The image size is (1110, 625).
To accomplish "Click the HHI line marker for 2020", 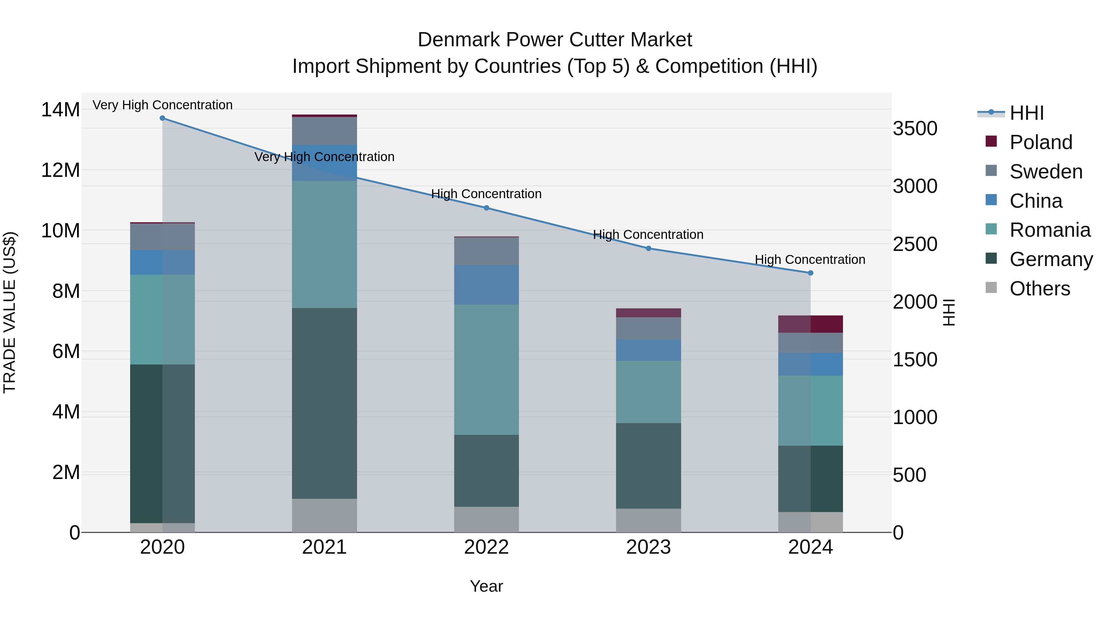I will (x=162, y=118).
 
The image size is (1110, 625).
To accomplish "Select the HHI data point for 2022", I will (x=487, y=208).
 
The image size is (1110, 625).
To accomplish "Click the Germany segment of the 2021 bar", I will (x=324, y=403).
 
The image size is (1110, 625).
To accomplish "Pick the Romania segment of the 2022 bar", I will (x=487, y=370).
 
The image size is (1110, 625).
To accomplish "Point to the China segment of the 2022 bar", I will (x=487, y=285).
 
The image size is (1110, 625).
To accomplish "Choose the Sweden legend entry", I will (x=1046, y=172).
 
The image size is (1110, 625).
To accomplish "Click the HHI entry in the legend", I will (x=1026, y=113).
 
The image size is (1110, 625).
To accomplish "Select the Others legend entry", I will (x=1039, y=289).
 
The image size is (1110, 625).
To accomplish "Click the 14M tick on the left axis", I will (x=60, y=110).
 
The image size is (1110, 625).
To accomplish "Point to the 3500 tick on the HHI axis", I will (x=915, y=128).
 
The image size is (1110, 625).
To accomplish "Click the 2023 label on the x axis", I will (x=648, y=547).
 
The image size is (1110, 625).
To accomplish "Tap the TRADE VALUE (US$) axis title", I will (x=10, y=312).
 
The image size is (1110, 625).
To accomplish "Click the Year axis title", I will (x=487, y=586).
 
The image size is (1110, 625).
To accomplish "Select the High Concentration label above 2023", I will (x=648, y=235).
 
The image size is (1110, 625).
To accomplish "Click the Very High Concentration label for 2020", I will (x=162, y=105).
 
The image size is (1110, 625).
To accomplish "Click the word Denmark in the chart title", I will (x=458, y=40).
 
